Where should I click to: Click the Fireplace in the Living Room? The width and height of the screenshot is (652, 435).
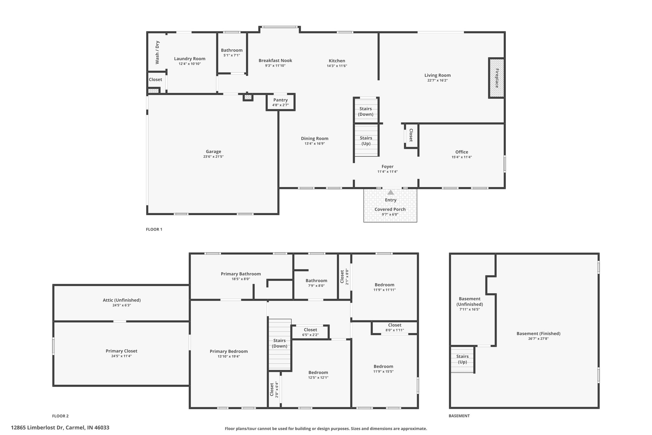497,78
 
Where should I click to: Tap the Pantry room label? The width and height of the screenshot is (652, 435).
280,100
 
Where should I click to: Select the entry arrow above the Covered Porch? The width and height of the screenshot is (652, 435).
391,192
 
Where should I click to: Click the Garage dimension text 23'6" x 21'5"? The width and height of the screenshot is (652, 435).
213,157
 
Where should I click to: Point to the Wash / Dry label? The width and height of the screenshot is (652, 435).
157,53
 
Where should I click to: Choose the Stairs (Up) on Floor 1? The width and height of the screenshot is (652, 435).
366,140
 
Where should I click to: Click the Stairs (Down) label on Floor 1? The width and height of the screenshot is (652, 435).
366,112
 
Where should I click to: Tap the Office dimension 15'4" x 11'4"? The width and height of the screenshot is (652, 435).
462,157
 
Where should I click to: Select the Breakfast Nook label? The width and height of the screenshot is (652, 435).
275,61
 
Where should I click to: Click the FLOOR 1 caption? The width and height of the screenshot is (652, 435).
154,229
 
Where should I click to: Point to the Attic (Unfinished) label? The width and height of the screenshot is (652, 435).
122,300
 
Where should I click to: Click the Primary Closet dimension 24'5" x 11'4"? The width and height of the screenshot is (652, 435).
122,356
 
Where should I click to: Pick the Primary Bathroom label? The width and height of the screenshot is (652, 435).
241,274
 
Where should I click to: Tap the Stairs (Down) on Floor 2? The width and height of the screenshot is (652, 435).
280,344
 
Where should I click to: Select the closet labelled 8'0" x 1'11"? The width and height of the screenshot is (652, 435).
395,328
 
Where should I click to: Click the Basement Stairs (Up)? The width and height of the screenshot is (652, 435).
462,359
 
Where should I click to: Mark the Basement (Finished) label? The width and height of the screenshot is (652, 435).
538,334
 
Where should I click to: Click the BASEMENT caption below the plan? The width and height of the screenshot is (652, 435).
459,416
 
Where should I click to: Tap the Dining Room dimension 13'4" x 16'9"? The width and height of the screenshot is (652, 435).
315,144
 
